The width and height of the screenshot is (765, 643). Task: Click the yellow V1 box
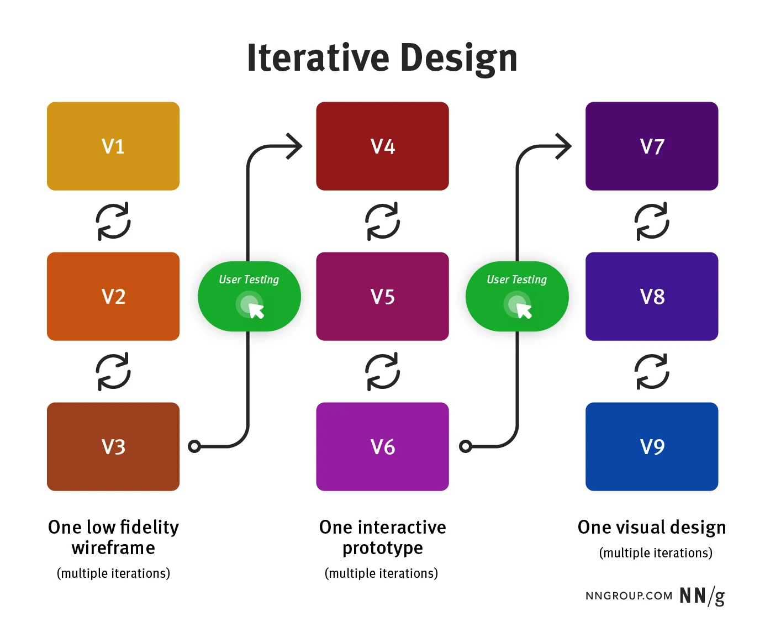pos(113,146)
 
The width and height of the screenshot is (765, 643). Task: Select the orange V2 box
pos(113,297)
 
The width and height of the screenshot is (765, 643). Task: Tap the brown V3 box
pos(113,446)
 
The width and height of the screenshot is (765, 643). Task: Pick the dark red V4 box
pos(382,146)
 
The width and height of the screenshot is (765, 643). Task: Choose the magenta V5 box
pos(382,297)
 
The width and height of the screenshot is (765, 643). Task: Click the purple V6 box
pos(382,446)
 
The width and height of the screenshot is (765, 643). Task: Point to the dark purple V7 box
pos(652,146)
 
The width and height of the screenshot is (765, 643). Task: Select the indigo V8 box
pos(652,297)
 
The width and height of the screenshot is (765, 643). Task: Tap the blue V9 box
pos(652,446)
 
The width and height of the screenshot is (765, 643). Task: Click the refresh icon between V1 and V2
pos(113,222)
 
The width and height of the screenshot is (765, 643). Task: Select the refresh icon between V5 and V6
pos(382,372)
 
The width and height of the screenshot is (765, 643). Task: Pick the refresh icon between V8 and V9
pos(652,372)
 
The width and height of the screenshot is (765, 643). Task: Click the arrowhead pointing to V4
pos(295,146)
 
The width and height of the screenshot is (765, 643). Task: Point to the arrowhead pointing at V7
pos(564,146)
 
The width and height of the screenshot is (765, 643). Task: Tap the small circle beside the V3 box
pos(194,446)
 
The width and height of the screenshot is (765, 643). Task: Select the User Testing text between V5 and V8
pos(516,280)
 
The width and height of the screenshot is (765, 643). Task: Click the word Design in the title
pos(458,58)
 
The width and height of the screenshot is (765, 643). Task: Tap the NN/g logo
pos(702,596)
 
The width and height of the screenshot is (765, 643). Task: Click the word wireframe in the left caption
pos(113,548)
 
